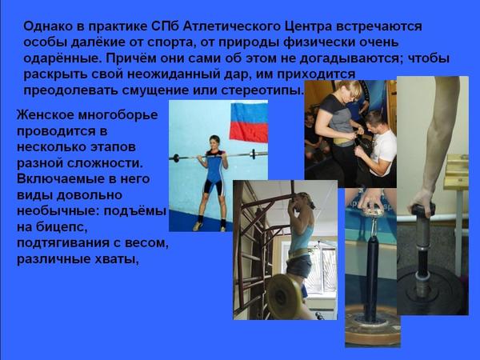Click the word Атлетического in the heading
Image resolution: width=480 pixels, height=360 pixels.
click(232, 26)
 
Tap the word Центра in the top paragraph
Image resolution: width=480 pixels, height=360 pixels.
click(309, 27)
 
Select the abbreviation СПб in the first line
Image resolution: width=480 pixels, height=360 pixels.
click(165, 26)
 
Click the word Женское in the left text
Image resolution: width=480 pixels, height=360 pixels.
click(46, 115)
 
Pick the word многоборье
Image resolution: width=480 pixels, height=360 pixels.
click(118, 116)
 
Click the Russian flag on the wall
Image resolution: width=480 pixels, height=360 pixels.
click(249, 122)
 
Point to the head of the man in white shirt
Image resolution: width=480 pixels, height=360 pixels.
click(375, 121)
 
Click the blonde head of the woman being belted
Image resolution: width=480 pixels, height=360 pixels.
click(348, 90)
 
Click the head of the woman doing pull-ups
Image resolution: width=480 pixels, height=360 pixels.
click(304, 202)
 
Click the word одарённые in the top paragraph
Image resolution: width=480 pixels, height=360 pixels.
click(62, 58)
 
